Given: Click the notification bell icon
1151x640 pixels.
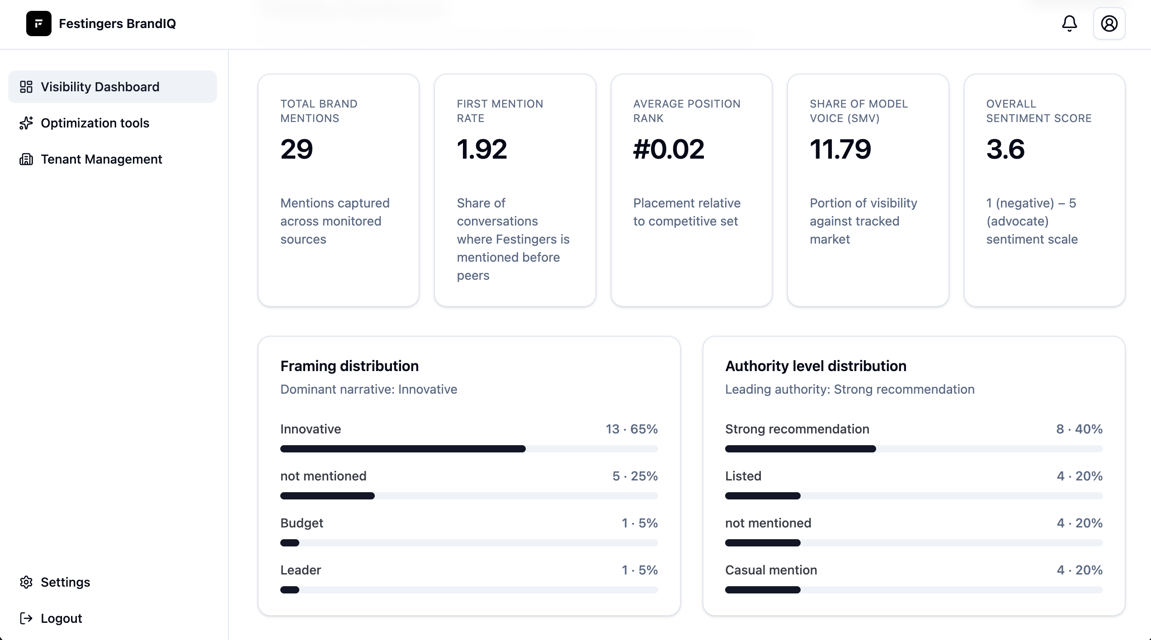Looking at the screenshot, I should click(1069, 24).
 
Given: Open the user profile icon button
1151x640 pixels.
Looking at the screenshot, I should click(1109, 24).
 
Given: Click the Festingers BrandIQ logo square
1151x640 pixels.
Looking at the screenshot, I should click(39, 24).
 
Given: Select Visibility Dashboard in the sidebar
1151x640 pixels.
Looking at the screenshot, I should click(100, 87).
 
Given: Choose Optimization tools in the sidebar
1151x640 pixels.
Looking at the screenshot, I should click(94, 123).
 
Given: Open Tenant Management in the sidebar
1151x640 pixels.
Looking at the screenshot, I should click(101, 159).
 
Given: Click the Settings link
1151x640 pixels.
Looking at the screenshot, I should click(65, 582).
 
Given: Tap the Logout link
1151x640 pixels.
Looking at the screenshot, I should click(61, 618).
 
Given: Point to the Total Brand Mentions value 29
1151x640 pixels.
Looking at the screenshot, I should click(297, 149).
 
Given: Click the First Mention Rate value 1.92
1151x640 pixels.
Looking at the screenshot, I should click(482, 149).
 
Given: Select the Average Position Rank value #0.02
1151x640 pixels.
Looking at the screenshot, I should click(669, 149).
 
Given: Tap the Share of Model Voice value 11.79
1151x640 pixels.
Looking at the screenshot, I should click(840, 149).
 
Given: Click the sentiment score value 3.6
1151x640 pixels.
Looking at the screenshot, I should click(1005, 149).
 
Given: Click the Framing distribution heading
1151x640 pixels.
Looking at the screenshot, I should click(349, 366).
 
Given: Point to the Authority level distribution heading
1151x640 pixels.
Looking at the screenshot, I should click(816, 366).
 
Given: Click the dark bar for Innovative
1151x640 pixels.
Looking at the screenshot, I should click(402, 449).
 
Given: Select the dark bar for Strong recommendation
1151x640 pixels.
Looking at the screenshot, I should click(800, 449).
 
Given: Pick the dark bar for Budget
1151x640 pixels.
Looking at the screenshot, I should click(290, 543).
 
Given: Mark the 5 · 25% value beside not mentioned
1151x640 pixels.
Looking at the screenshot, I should click(635, 476).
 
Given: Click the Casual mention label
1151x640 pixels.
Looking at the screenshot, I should click(771, 570).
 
